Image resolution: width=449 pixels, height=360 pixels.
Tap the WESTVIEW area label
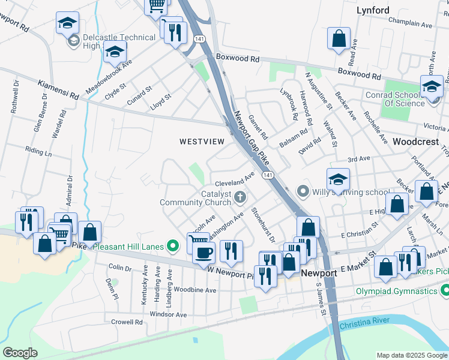(x=202, y=142)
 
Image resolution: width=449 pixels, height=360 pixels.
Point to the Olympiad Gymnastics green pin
(x=445, y=291)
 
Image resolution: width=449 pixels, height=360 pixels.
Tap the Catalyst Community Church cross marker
(x=240, y=196)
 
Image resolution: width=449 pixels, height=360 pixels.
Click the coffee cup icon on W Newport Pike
(x=203, y=252)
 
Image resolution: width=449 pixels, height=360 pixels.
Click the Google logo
(x=20, y=353)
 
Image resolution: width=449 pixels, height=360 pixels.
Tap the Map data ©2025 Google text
(x=411, y=355)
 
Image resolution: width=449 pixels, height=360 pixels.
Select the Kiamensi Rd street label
(x=58, y=90)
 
